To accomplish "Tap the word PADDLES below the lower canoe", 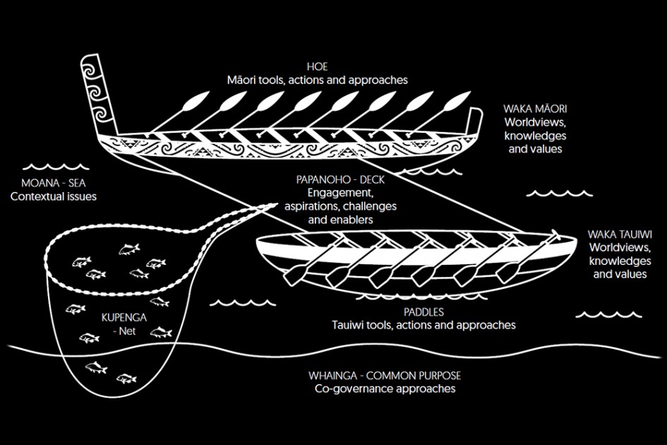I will coord(423,311).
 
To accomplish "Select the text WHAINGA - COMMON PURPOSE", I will coord(385,375).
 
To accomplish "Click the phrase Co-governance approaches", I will coord(385,388).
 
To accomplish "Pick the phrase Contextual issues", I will coord(54,196).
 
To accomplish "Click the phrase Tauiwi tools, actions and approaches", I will coord(423,325).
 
